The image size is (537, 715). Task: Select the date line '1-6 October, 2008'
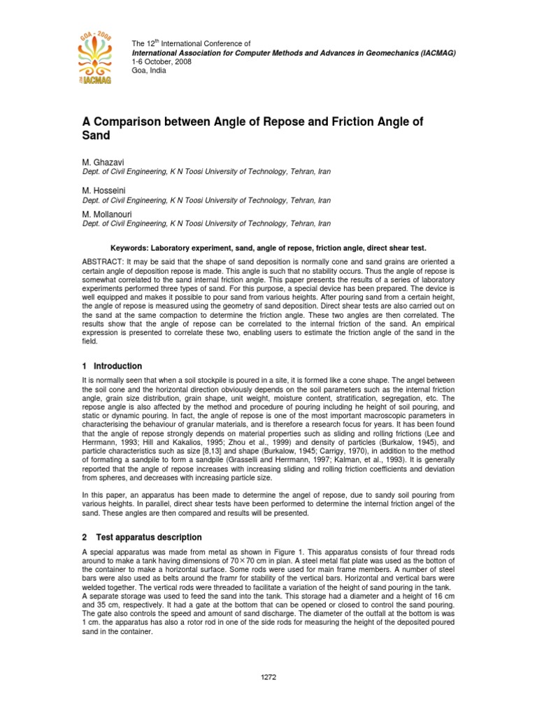pyautogui.click(x=162, y=61)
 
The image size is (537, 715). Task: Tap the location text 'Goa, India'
pyautogui.click(x=149, y=71)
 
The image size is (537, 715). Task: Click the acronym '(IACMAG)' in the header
pyautogui.click(x=432, y=52)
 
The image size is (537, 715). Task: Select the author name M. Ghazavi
pyautogui.click(x=104, y=162)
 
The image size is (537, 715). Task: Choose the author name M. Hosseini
pyautogui.click(x=104, y=190)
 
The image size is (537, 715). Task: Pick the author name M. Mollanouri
pyautogui.click(x=108, y=214)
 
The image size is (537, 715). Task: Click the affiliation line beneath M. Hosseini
pyautogui.click(x=207, y=200)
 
